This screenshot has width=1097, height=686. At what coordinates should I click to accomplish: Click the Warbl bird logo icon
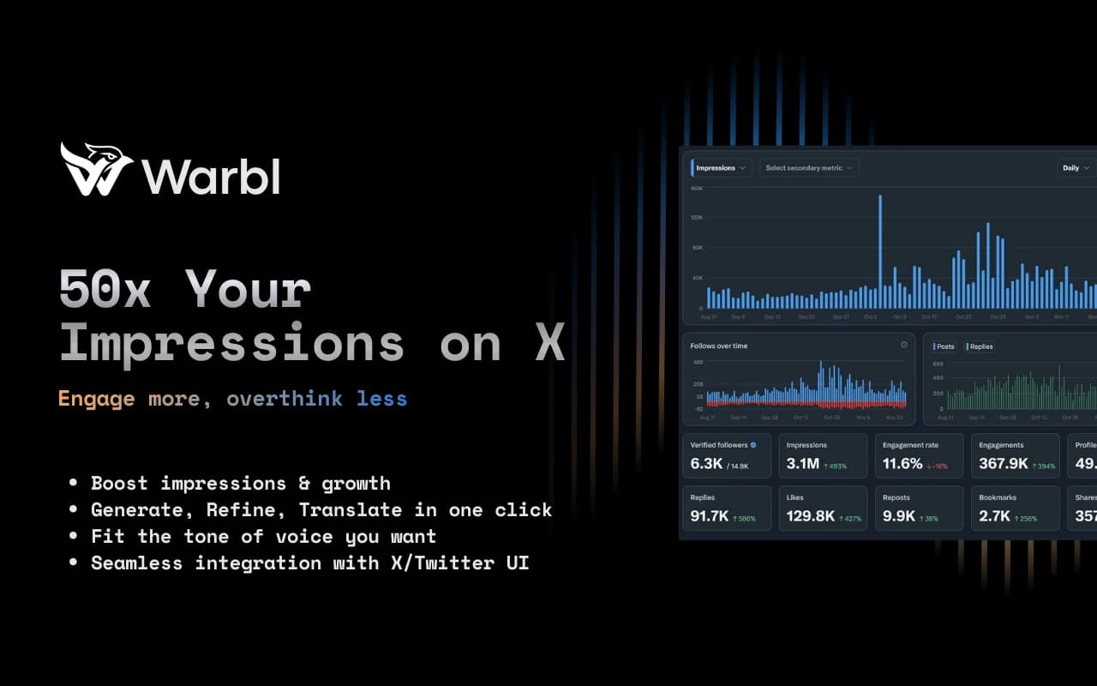point(95,169)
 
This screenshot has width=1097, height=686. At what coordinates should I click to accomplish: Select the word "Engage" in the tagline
point(96,399)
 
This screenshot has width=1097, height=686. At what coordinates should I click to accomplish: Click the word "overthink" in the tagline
point(284,399)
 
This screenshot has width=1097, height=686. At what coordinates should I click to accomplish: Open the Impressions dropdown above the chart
point(721,168)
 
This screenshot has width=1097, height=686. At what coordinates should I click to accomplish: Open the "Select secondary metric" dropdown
point(808,168)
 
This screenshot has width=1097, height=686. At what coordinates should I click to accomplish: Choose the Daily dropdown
point(1076,168)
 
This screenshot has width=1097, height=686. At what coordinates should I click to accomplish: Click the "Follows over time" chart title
point(718,346)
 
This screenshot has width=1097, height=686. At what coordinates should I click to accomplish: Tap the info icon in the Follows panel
point(903,345)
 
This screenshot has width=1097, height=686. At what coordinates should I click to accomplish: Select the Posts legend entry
point(944,346)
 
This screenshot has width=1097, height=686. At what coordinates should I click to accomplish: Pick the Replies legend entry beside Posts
point(980,346)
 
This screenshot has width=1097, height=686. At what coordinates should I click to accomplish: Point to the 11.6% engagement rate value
point(902,464)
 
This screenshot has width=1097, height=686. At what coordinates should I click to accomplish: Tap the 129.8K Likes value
point(810,516)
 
